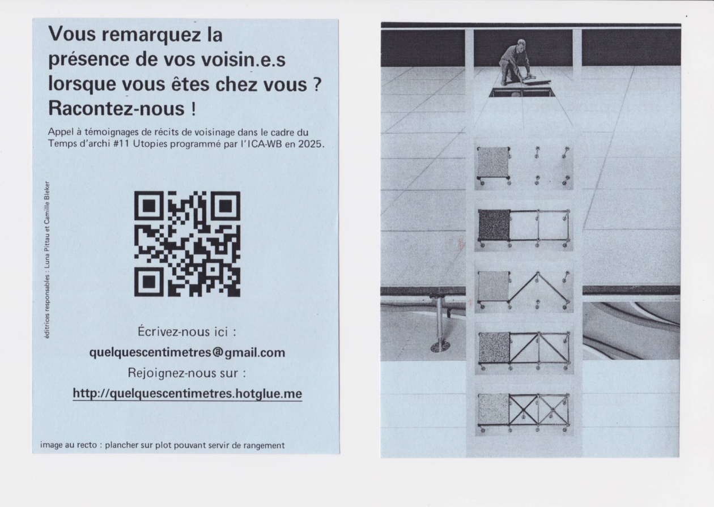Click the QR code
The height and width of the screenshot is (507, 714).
point(187,244)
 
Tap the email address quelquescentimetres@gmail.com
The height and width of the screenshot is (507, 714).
point(187,352)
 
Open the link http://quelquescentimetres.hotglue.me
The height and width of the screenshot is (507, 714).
point(187,393)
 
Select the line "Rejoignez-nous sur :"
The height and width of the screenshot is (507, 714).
point(187,373)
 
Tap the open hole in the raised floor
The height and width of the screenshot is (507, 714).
point(522,92)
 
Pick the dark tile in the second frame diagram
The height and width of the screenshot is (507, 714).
point(494,225)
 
